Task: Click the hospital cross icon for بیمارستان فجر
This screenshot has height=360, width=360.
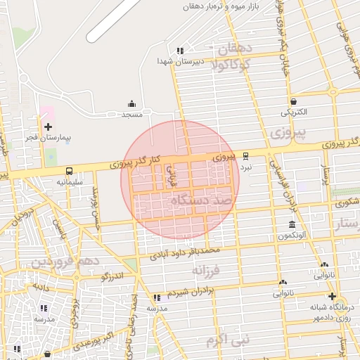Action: pos(48,127)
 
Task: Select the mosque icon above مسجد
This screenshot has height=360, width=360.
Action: pos(131,104)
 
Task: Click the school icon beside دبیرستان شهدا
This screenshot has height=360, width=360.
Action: pos(181,51)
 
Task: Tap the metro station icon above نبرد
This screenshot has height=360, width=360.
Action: pos(245,156)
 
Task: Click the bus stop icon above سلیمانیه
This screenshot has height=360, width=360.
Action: pos(69,171)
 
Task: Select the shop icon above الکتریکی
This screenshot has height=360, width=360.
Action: pos(292,101)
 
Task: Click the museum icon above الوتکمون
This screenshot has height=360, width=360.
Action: pos(292,225)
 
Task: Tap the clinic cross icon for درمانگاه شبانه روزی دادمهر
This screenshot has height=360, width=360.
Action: pos(333,296)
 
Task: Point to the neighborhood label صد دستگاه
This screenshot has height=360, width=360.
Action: pos(200,202)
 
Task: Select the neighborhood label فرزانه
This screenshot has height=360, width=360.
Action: pos(207,269)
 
